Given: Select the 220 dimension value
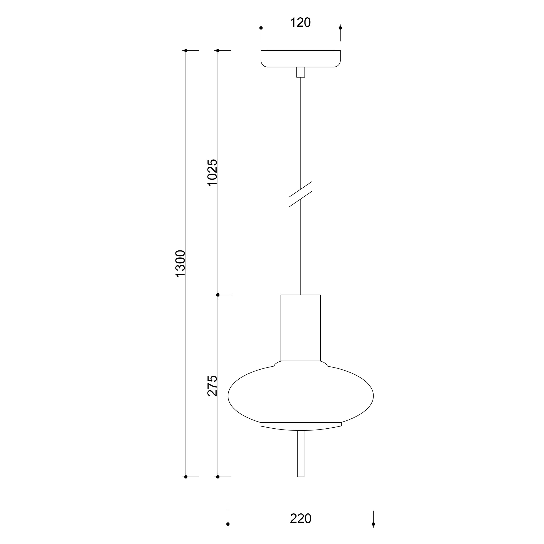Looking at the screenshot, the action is point(300,518).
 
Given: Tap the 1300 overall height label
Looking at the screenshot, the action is point(180,264).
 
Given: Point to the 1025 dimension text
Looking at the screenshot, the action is point(212,172).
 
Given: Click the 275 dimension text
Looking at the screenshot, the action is point(212,386).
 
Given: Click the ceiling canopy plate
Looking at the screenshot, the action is point(301,59).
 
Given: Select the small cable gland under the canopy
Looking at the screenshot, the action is point(301,72).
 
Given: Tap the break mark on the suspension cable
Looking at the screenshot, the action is point(301,194).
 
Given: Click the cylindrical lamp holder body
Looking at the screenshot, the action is point(301,328).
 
